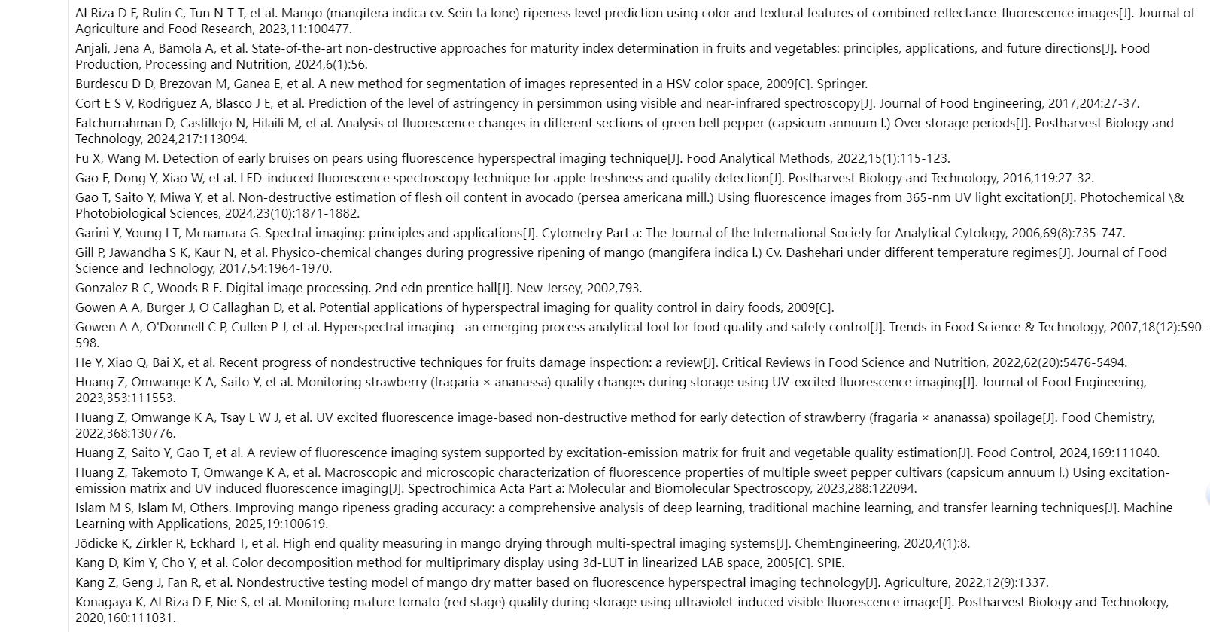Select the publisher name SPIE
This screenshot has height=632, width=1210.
click(x=829, y=563)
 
